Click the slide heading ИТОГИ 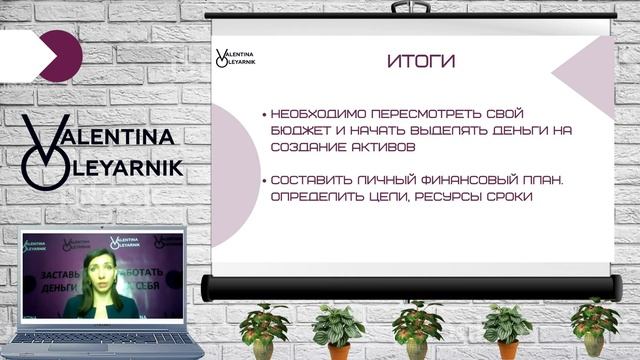tap(420, 62)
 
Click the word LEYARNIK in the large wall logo tap(129, 168)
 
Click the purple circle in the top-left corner tap(61, 54)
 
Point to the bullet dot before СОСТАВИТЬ tap(263, 181)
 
